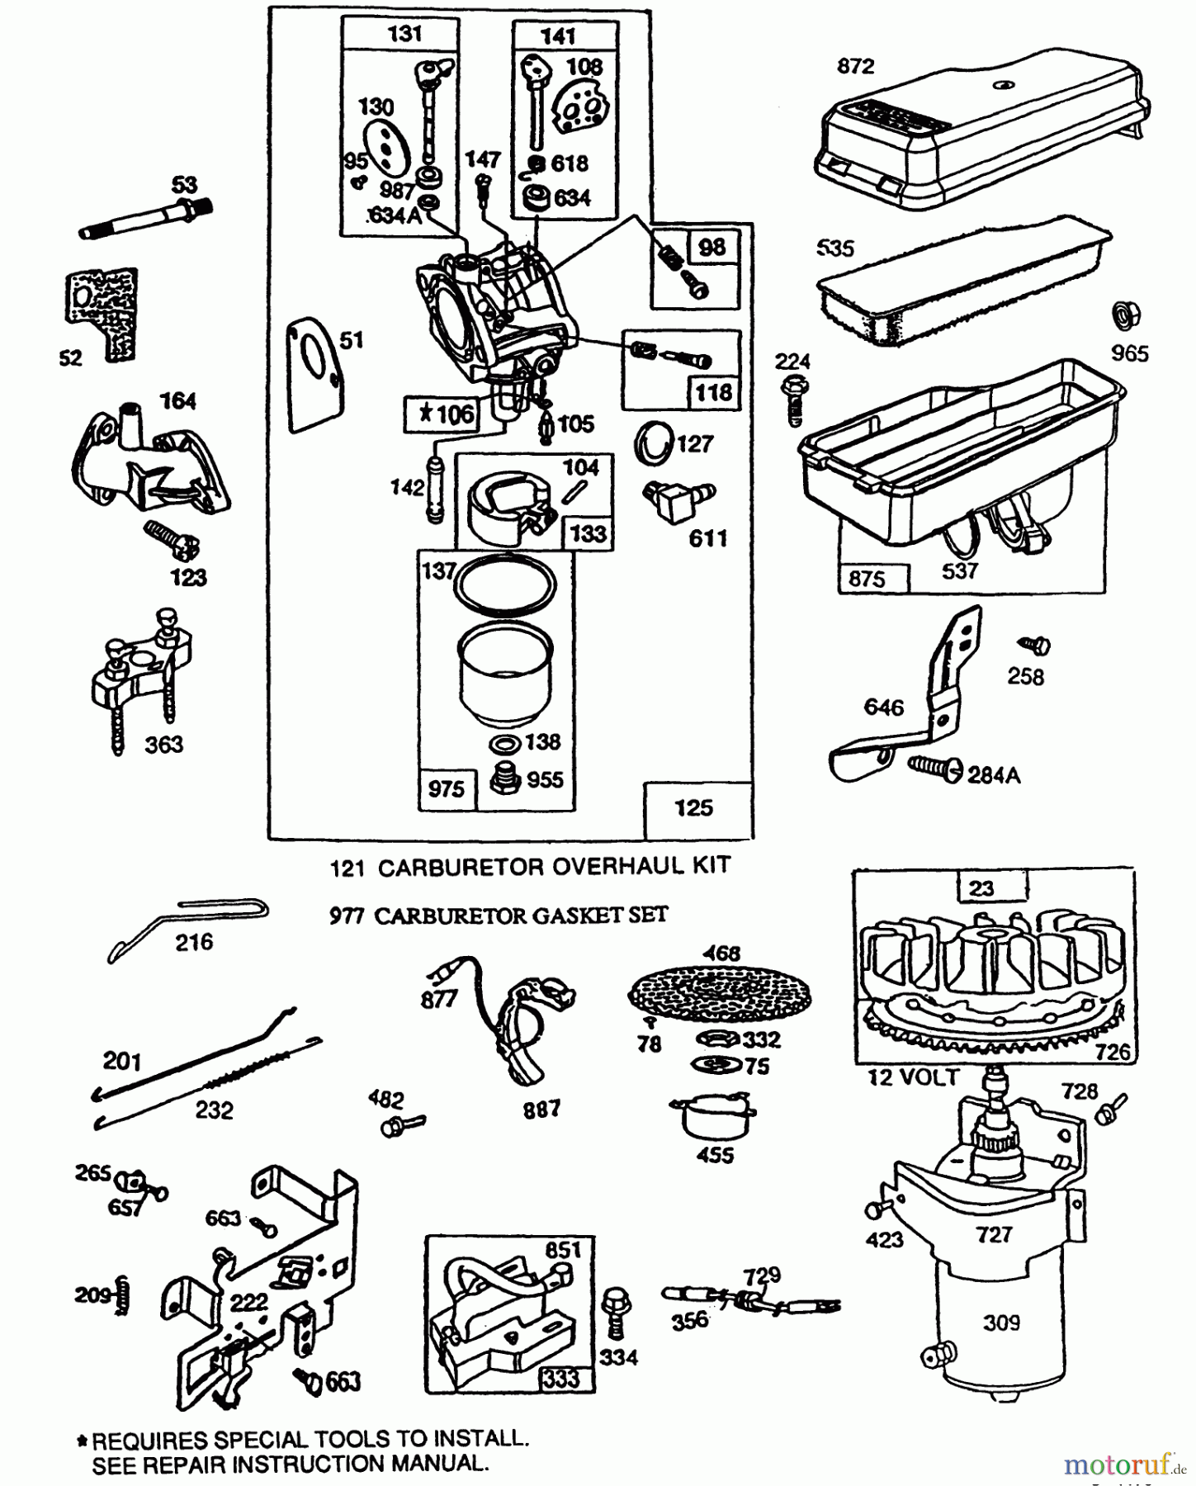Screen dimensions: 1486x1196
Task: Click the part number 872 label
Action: click(x=855, y=66)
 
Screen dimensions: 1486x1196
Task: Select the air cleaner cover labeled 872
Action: click(x=982, y=140)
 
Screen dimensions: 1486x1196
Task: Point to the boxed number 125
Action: click(x=693, y=807)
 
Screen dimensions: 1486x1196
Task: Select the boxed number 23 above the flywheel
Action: click(x=981, y=888)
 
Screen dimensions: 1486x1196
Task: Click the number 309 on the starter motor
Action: click(x=1001, y=1323)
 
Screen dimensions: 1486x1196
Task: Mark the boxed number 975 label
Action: click(x=447, y=789)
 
